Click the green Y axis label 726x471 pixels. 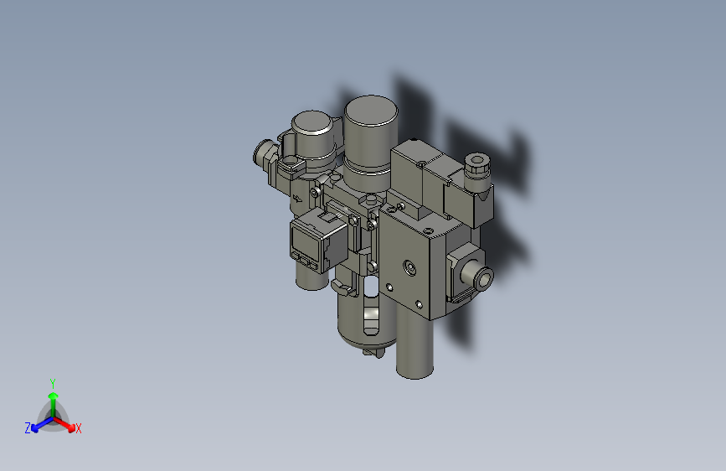pos(52,382)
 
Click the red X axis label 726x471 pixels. pos(79,428)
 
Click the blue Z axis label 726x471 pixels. pos(28,427)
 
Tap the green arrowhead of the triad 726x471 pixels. pos(52,396)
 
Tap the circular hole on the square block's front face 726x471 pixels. pos(409,268)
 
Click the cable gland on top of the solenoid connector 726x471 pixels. pos(475,162)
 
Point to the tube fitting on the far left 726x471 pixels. pos(264,153)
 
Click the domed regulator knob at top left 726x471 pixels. pos(312,134)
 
